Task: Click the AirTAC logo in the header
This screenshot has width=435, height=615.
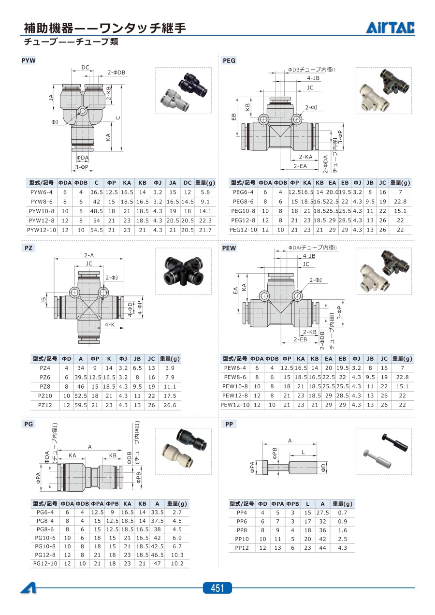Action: point(390,28)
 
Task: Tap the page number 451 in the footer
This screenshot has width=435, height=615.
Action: point(217,588)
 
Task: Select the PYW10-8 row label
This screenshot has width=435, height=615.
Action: point(42,211)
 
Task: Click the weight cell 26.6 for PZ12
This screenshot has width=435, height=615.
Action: point(170,405)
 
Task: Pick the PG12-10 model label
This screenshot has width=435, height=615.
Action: point(45,563)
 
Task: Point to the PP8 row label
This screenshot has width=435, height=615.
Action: point(242,530)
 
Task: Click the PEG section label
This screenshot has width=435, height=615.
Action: point(229,60)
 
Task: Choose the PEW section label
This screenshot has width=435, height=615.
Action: point(229,248)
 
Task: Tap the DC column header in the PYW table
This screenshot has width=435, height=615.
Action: point(188,183)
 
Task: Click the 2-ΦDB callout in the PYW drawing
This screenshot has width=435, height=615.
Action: point(116,73)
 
